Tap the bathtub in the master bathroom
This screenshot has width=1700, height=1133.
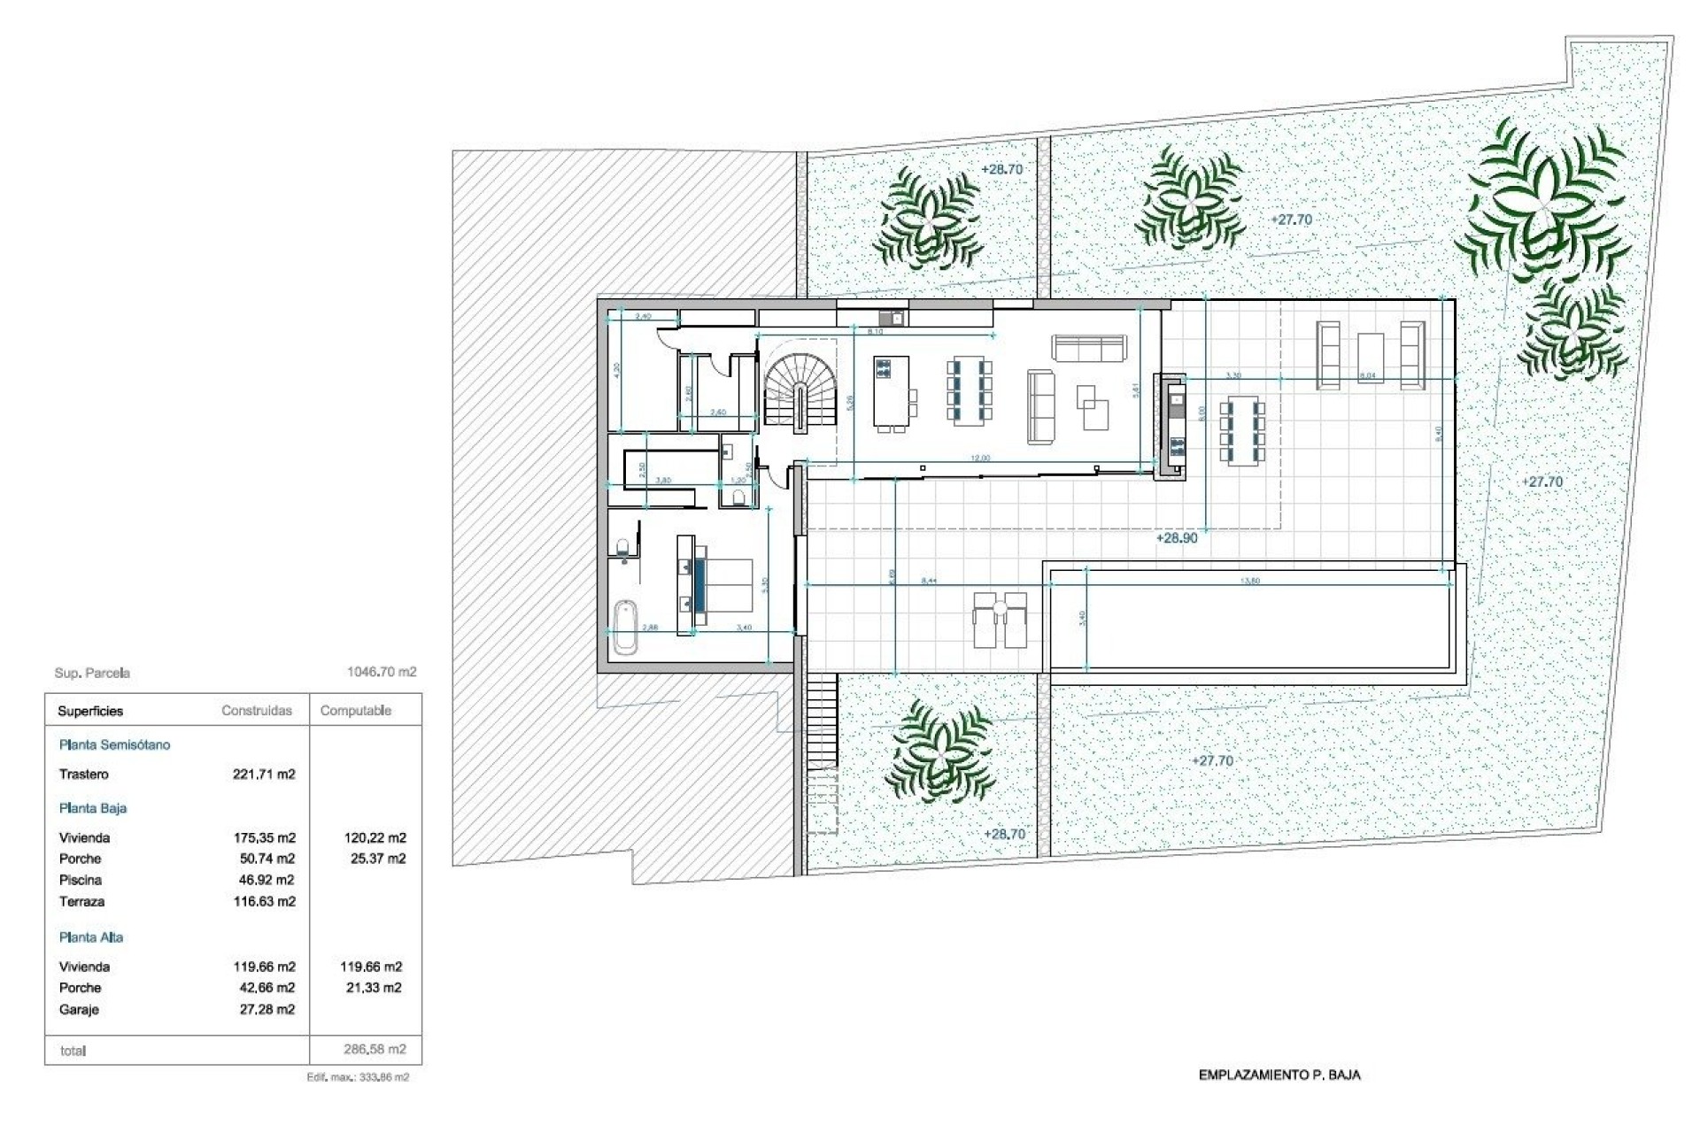click(x=625, y=627)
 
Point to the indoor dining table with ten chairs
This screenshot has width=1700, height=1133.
click(x=970, y=390)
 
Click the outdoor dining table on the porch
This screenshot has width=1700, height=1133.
click(x=1242, y=432)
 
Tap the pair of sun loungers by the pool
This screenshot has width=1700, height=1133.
click(x=1000, y=620)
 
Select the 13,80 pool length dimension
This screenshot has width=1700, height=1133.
click(x=1250, y=581)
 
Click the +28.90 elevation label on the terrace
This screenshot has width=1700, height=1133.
click(x=1176, y=538)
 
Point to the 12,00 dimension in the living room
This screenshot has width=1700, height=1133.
click(x=980, y=459)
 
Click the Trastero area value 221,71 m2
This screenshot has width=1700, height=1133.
click(x=264, y=775)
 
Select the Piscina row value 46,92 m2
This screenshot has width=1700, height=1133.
click(x=264, y=880)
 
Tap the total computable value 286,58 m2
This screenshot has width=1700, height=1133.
click(x=375, y=1050)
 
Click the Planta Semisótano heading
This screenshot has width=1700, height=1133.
click(x=114, y=745)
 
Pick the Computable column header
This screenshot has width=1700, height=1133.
click(x=355, y=711)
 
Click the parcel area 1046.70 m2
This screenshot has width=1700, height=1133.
click(x=382, y=673)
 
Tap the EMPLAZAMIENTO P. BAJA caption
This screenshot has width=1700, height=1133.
click(x=1279, y=1075)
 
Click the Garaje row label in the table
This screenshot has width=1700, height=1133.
click(x=79, y=1010)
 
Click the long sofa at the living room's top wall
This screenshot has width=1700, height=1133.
click(x=1089, y=348)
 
